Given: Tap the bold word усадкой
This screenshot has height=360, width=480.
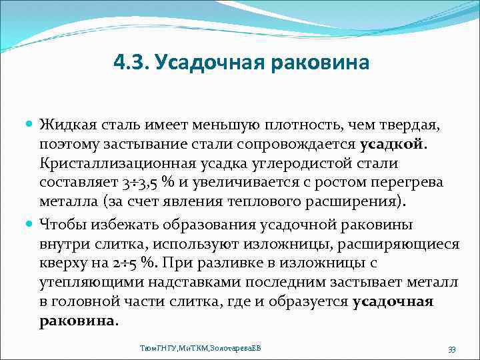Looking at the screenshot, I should [391, 144].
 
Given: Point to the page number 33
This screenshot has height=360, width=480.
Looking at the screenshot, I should [451, 349].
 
